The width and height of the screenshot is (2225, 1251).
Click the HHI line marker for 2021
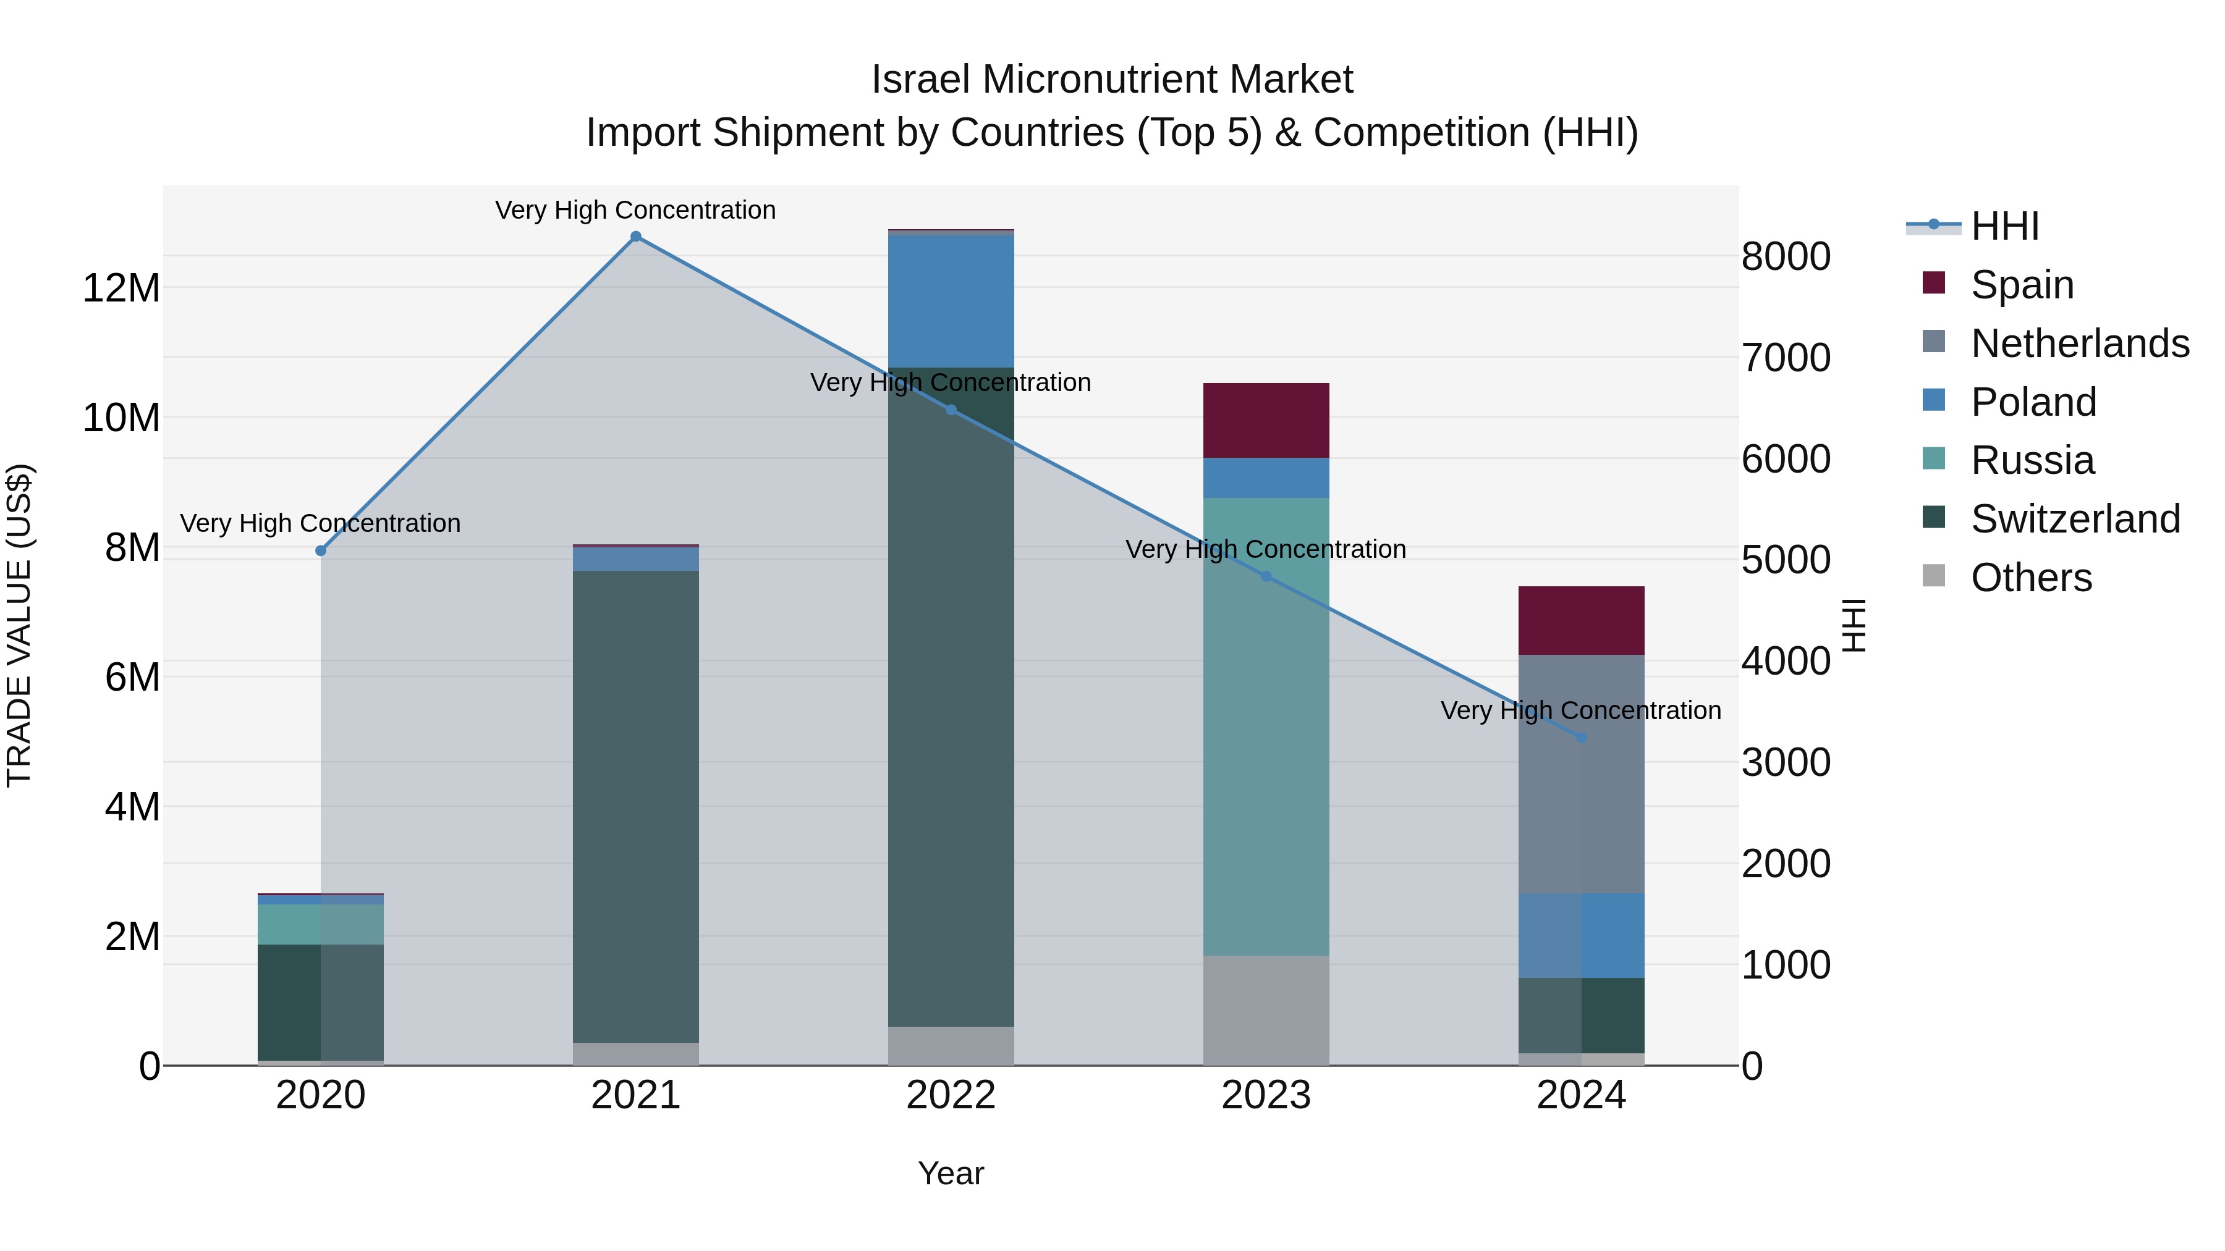point(636,237)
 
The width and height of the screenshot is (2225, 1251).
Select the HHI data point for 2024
point(1582,738)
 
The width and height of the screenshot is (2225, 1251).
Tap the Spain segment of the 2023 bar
point(1266,421)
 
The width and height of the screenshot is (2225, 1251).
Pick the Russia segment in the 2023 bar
point(1266,725)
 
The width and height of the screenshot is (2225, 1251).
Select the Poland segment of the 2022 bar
point(951,301)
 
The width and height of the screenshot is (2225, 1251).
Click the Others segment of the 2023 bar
point(1266,1010)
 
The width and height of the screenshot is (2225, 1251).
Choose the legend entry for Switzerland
point(2075,519)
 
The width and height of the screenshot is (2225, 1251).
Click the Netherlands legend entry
point(2079,343)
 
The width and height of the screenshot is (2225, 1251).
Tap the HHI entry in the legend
point(2004,226)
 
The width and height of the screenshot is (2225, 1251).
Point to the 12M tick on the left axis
point(121,287)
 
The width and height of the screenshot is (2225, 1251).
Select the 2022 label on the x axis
point(951,1095)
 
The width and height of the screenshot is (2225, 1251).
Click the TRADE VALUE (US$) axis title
point(20,625)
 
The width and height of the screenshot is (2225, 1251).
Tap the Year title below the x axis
point(951,1173)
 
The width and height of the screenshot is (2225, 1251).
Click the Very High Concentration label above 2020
point(320,523)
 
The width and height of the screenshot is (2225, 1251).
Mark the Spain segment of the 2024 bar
point(1582,621)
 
